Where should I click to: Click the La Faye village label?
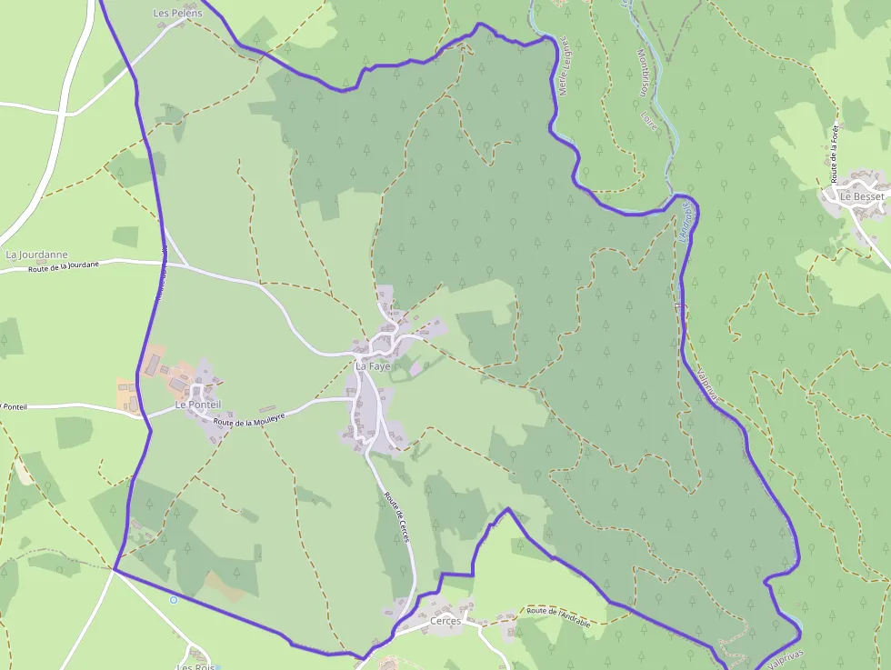coord(373,365)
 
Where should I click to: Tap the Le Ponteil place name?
coord(194,404)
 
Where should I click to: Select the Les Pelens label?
coord(177,14)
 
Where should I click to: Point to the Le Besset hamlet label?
coord(861,196)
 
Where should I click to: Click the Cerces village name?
coord(445,621)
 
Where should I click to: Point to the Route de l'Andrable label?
coord(558,615)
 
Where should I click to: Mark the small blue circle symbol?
coord(173,599)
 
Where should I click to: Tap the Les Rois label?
coord(195,666)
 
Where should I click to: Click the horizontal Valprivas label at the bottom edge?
coord(777,662)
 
